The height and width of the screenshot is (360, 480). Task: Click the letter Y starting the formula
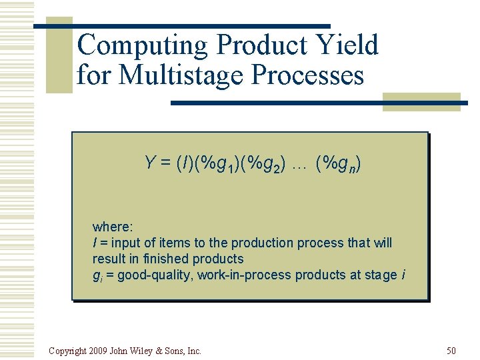[x=149, y=162]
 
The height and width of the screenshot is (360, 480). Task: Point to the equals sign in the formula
[x=165, y=163]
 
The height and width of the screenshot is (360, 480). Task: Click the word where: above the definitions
[x=112, y=227]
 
